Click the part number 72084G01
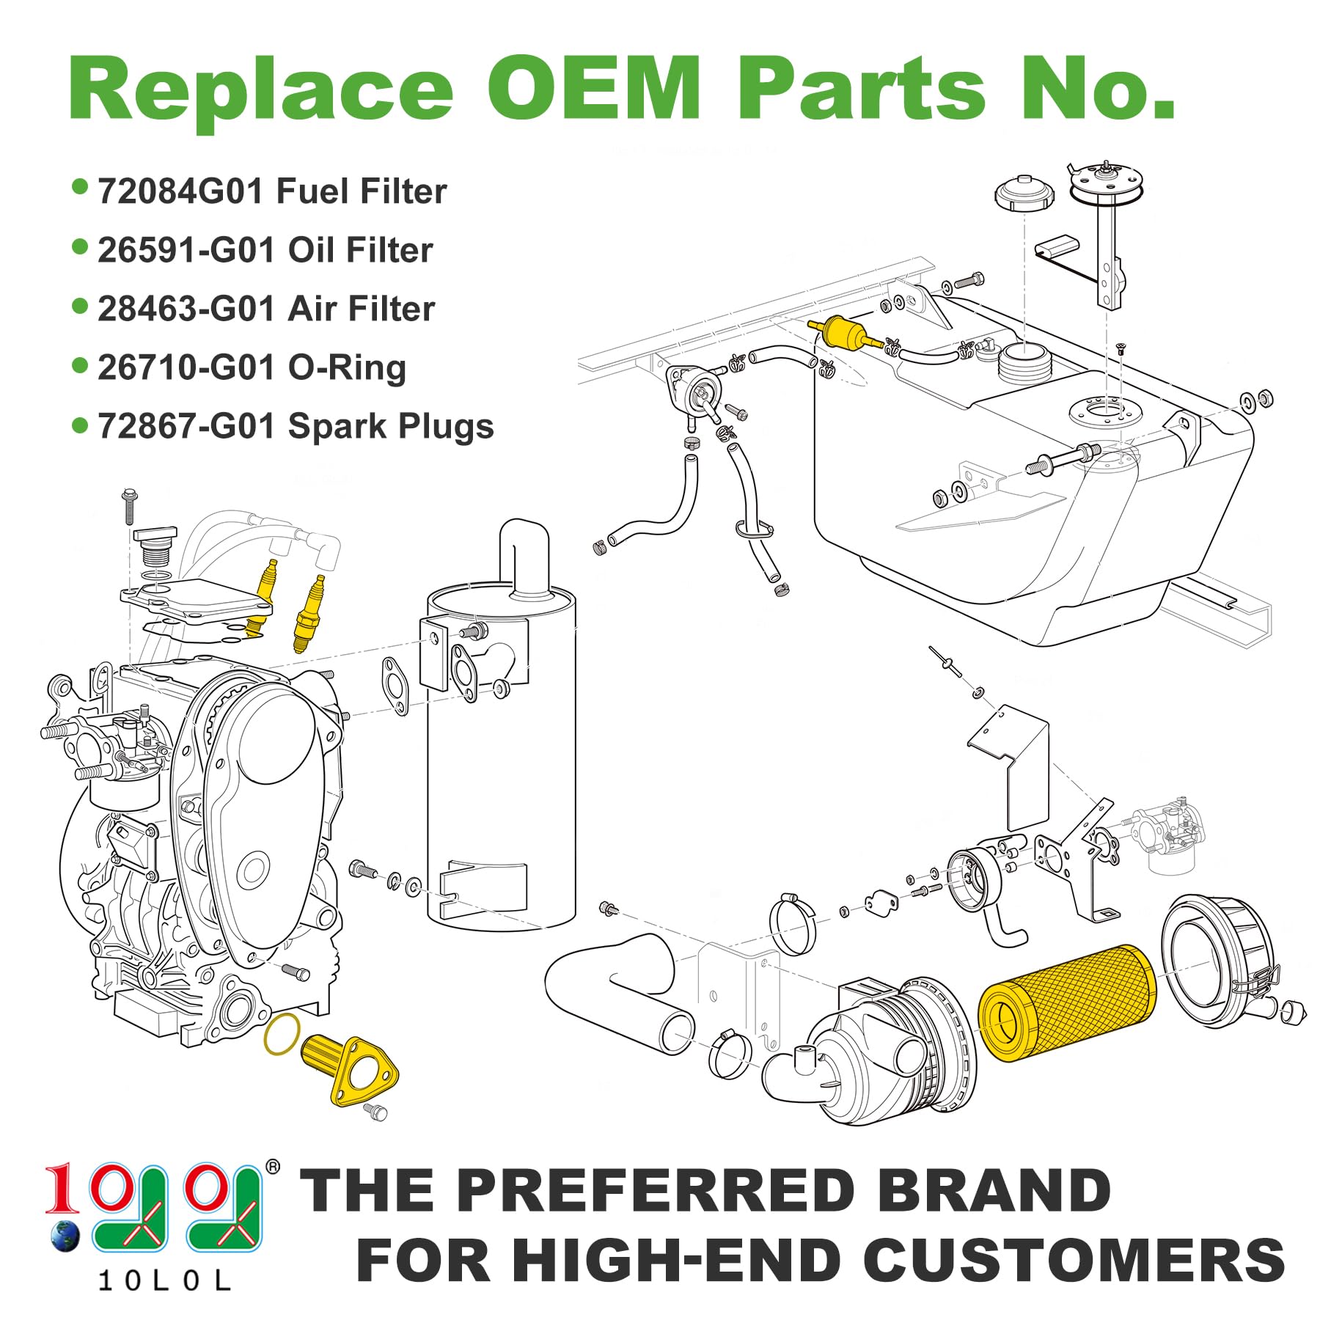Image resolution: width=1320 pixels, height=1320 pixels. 180,192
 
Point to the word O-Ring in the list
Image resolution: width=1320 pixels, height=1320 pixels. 347,367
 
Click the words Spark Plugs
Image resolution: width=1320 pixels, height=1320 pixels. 391,427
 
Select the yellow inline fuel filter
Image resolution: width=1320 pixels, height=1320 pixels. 843,333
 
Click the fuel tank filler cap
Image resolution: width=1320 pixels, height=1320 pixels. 1024,192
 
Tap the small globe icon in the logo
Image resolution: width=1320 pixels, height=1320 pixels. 65,1236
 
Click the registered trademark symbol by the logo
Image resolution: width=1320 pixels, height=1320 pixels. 272,1167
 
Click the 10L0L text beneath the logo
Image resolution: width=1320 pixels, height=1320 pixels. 164,1280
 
